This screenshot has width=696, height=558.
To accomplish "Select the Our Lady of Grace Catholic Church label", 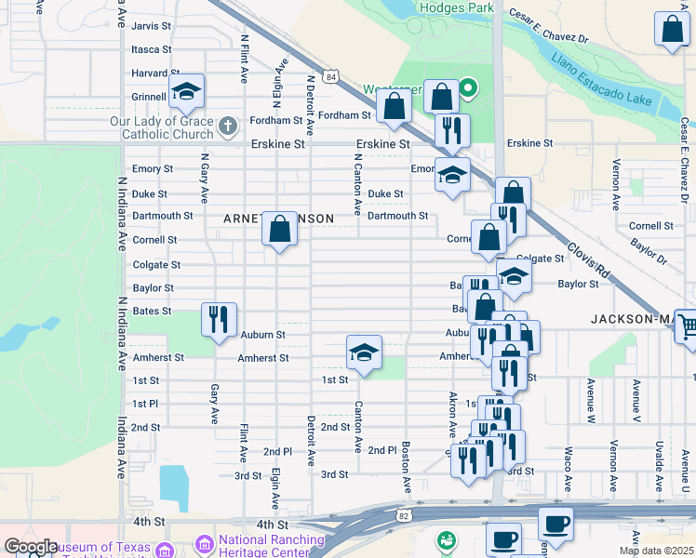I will tap(161, 128).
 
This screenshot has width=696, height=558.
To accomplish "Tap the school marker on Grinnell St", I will tap(186, 91).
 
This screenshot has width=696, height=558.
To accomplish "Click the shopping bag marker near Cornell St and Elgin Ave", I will tap(279, 227).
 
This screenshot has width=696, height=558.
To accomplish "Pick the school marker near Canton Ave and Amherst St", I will tap(364, 352).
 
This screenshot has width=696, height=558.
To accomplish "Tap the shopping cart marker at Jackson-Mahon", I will tap(686, 326).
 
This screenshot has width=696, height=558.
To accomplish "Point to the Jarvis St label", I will tap(151, 26).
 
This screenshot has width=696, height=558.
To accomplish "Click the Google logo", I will tap(31, 547).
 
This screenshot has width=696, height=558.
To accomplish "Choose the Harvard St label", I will tap(155, 73).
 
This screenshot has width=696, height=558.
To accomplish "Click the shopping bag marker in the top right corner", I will tap(672, 30).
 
